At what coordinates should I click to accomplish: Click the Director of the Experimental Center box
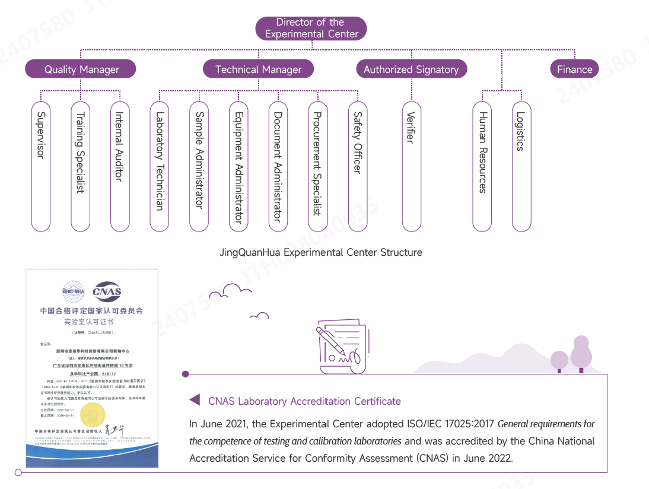coord(311,28)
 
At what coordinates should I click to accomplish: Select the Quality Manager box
coord(81,69)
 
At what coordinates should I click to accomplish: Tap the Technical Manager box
coord(258,69)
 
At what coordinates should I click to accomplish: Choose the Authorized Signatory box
coord(411,69)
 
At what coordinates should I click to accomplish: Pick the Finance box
coord(574,69)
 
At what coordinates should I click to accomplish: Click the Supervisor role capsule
coord(40,166)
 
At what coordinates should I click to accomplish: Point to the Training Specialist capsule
coord(80,166)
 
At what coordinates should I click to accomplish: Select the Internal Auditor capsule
coord(119,166)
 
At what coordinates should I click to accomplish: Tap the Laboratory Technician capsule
coord(160,166)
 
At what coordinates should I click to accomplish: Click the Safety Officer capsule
coord(358,166)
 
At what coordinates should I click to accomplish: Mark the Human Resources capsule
coord(482,166)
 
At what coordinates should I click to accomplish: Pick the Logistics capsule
coord(521,166)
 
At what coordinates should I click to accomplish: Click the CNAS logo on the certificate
coord(107,291)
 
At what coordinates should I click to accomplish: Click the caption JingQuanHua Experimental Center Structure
coord(320,253)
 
